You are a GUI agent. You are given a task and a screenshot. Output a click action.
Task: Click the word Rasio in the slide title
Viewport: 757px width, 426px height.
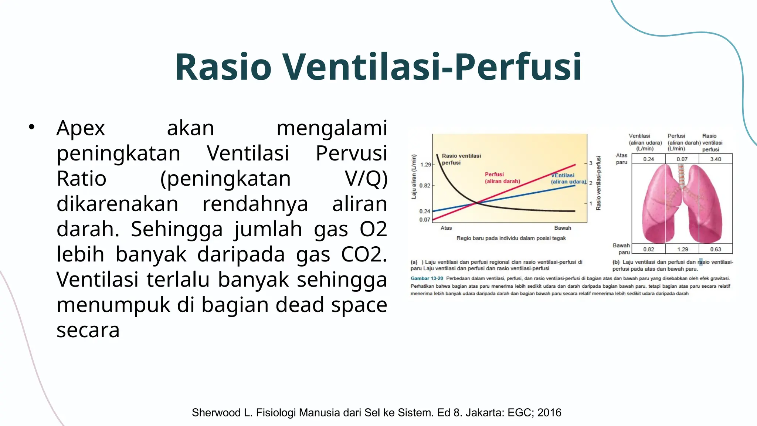tap(223, 67)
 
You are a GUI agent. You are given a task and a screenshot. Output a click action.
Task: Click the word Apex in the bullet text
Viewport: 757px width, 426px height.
tap(81, 128)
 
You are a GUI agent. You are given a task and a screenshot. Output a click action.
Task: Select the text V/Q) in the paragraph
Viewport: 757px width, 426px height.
tap(366, 179)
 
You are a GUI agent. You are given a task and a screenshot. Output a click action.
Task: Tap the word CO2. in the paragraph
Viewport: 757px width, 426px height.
tap(364, 254)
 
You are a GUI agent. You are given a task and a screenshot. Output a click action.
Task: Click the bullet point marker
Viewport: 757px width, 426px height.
tap(31, 127)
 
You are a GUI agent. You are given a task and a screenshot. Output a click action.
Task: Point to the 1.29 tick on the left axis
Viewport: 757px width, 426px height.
tap(426, 165)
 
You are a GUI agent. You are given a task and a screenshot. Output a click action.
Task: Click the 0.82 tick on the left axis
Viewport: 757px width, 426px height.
tap(425, 186)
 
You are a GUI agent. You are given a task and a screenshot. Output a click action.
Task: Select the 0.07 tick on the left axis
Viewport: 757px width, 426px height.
tap(425, 220)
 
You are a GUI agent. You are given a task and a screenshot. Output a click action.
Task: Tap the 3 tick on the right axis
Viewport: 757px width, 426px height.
tap(591, 163)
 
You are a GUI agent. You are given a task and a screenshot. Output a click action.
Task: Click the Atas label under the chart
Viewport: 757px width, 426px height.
tap(446, 228)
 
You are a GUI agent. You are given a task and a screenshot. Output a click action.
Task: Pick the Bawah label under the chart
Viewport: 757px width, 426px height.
tap(563, 228)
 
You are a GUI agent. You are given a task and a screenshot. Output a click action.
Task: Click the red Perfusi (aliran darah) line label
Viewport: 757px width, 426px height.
tap(502, 178)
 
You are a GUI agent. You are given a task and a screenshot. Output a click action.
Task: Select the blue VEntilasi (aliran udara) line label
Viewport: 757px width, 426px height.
tap(568, 179)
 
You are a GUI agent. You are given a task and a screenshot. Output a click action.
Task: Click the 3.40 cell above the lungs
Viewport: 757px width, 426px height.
tap(716, 159)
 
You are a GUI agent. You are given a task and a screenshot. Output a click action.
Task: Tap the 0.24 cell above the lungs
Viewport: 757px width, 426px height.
tap(649, 159)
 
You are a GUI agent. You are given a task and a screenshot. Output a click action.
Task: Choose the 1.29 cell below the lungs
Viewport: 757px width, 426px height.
tap(682, 250)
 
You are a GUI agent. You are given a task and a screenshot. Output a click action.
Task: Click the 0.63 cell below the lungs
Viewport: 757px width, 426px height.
tap(716, 250)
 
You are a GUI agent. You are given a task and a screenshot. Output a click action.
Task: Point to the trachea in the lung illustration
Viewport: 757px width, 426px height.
tap(682, 176)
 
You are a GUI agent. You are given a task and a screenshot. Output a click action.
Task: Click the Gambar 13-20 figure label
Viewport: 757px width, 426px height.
tap(427, 278)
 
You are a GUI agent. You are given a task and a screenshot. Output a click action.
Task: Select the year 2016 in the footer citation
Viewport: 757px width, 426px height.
tap(549, 413)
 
